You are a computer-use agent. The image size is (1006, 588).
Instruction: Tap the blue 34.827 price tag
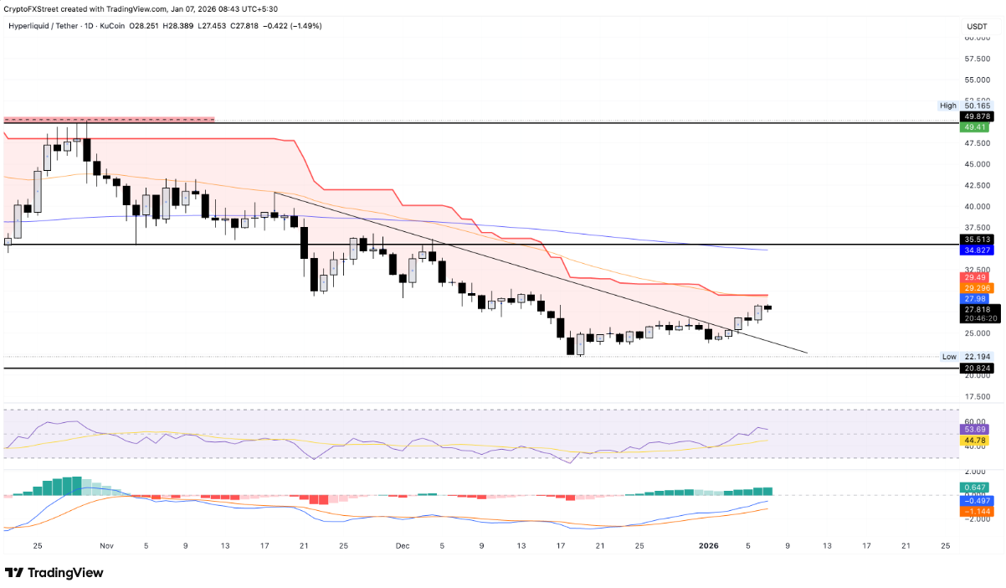(976, 250)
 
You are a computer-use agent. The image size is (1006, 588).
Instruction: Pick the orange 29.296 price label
(976, 287)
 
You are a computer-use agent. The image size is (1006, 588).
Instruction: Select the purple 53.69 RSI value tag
(976, 429)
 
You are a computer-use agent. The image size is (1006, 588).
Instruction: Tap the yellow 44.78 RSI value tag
(976, 440)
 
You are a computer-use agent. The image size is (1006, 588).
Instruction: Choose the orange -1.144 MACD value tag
(976, 510)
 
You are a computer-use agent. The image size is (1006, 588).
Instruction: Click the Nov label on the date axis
(106, 545)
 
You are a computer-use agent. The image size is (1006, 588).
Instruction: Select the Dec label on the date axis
(403, 545)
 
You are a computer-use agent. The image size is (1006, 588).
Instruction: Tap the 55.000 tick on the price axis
(976, 80)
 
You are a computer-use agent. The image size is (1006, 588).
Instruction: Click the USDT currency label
(977, 27)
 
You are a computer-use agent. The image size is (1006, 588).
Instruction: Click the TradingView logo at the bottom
(55, 573)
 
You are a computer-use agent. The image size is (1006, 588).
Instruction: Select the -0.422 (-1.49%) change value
(295, 26)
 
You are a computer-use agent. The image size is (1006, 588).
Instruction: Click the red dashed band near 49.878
(109, 119)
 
